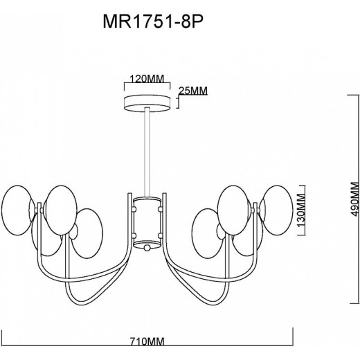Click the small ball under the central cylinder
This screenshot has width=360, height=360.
tap(146, 246)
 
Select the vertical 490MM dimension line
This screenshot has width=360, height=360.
tap(345, 201)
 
